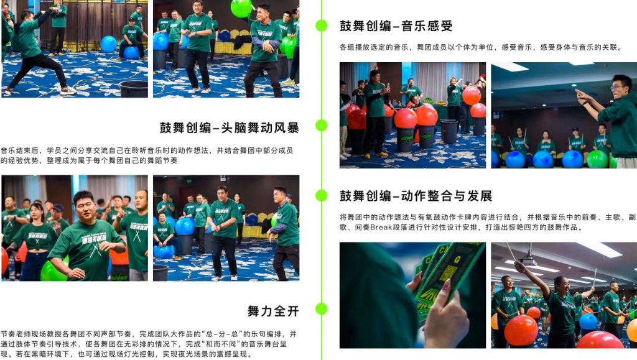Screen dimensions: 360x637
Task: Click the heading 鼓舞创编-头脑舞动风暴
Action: [229, 128]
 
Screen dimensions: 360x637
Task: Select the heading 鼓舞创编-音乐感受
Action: [396, 26]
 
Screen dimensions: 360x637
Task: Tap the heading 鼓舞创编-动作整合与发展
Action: [416, 196]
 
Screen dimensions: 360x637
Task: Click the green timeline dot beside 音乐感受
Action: [321, 25]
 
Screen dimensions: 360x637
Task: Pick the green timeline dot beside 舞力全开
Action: [321, 309]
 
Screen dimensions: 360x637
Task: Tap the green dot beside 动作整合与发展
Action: [321, 195]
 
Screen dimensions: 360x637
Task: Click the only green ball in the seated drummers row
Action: [597, 159]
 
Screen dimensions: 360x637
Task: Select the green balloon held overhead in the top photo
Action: [241, 7]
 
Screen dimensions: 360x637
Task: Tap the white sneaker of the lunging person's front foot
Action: [68, 90]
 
